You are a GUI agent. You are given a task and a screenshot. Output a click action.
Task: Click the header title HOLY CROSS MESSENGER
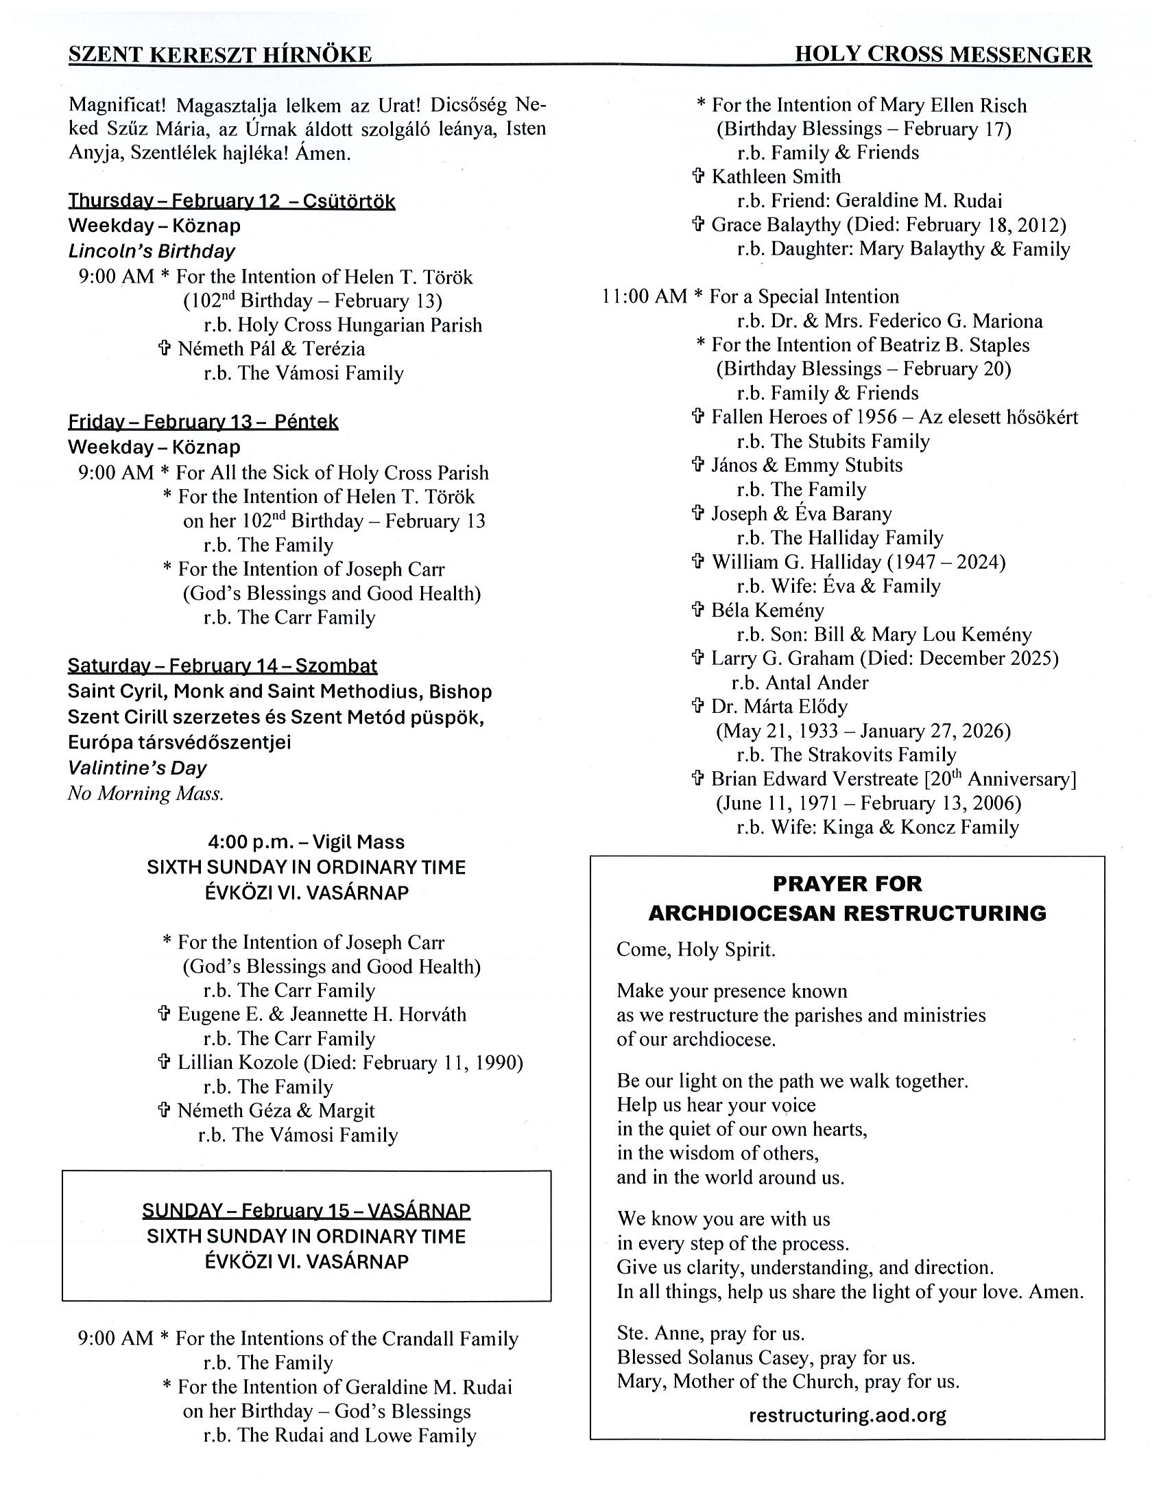point(943,54)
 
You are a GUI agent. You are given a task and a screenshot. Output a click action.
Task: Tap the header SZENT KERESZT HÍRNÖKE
point(219,55)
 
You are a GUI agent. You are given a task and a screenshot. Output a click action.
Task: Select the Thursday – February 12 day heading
point(231,201)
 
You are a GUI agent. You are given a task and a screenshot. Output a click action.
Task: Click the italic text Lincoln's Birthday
point(152,251)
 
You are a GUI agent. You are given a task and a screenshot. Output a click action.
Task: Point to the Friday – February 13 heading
point(203,421)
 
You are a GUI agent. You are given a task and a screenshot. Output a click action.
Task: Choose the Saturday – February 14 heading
point(222,666)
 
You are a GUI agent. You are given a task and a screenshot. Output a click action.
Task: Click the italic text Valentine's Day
point(137,768)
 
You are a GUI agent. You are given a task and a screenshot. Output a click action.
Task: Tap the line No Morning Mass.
point(146,793)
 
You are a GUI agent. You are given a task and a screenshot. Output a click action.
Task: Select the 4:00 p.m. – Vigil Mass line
point(307,841)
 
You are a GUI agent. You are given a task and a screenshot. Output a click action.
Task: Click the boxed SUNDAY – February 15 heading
point(307,1210)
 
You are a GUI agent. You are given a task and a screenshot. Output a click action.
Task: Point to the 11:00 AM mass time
point(644,297)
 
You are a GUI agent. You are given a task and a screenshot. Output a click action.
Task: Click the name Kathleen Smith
point(776,176)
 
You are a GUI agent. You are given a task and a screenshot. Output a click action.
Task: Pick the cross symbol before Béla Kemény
point(698,610)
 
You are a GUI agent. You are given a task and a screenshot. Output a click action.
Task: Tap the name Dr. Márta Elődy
point(779,707)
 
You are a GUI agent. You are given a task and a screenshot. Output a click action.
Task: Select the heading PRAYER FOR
point(847,884)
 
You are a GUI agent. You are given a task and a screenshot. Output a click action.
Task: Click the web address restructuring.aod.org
point(847,1416)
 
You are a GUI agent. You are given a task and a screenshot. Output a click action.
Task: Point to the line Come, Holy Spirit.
point(696,950)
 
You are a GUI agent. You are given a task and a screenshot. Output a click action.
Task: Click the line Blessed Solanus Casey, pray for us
point(765,1357)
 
